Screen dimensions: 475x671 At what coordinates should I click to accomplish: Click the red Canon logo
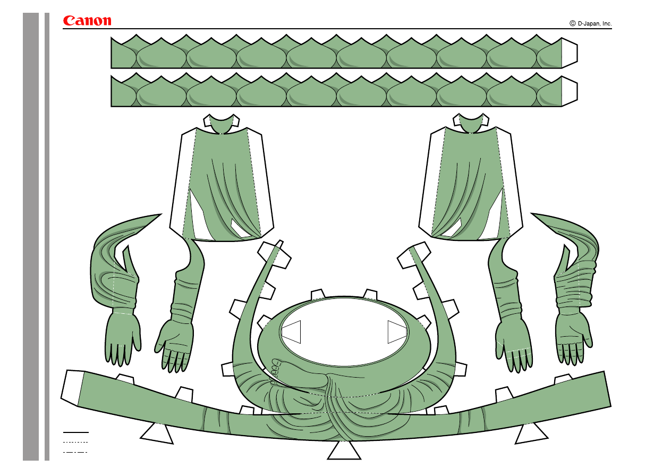tap(87, 21)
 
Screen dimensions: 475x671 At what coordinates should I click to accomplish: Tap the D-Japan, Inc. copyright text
tap(590, 23)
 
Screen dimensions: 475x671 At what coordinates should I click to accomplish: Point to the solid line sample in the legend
tap(75, 432)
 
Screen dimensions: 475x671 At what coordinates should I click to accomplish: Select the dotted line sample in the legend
tap(75, 442)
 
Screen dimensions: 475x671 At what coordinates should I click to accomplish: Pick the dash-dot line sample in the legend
tap(75, 452)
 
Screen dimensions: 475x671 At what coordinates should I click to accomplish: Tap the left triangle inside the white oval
tap(292, 332)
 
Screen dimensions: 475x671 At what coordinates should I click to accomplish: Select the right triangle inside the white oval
tap(396, 332)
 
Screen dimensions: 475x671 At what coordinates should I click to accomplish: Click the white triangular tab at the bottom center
tap(344, 451)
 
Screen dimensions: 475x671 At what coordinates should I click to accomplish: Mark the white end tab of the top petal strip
tap(570, 53)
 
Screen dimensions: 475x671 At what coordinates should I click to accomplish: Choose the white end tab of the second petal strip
tap(570, 91)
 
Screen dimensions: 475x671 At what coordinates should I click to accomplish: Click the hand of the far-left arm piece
tap(123, 338)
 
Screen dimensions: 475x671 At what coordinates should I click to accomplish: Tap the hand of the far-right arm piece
tap(573, 336)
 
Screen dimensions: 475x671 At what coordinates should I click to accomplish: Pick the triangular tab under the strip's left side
tap(157, 433)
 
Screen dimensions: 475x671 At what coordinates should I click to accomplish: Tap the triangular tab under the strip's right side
tap(531, 433)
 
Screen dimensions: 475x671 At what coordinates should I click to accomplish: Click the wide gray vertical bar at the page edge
tap(31, 237)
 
